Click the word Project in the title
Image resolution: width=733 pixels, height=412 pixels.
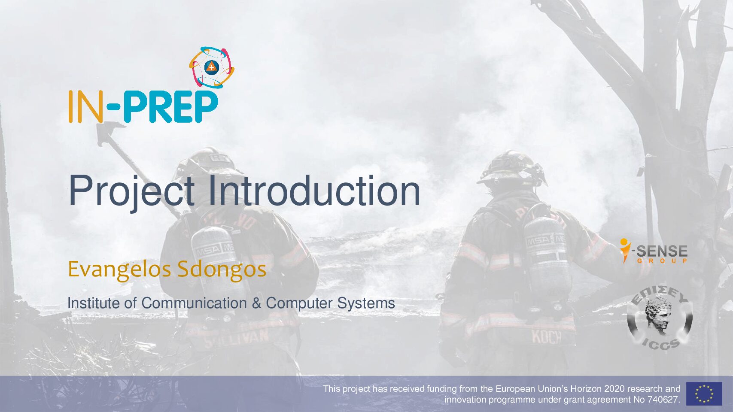coord(132,192)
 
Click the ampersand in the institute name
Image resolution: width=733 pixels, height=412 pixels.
coord(256,303)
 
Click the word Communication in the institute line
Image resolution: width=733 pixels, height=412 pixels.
coord(194,303)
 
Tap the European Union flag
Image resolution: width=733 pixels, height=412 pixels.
coord(704,394)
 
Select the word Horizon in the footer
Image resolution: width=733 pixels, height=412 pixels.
coord(586,389)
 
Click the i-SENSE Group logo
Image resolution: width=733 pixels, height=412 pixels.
coord(654,251)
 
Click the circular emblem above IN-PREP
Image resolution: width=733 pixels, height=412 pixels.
coord(212,67)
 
